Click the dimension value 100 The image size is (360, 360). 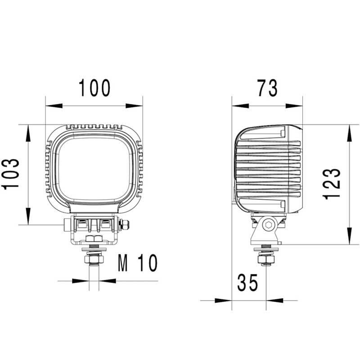94,88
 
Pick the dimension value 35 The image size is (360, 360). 247,283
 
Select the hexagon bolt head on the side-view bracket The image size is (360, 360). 269,225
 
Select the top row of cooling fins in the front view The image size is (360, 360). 94,127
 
